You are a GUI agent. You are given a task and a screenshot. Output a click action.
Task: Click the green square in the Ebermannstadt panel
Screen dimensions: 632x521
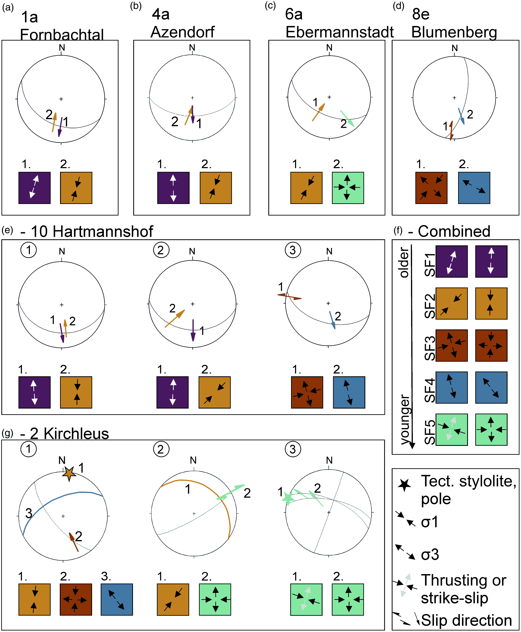(348, 188)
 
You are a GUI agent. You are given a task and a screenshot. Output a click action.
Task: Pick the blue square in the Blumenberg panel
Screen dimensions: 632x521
(474, 188)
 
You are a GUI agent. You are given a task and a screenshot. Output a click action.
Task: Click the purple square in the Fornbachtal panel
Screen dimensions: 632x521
(35, 188)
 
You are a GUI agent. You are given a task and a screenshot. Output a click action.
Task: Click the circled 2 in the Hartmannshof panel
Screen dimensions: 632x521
(161, 250)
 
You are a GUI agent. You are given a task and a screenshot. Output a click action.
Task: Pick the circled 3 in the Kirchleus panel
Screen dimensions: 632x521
(293, 449)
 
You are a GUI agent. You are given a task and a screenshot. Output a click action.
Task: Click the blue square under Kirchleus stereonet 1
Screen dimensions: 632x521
(117, 599)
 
